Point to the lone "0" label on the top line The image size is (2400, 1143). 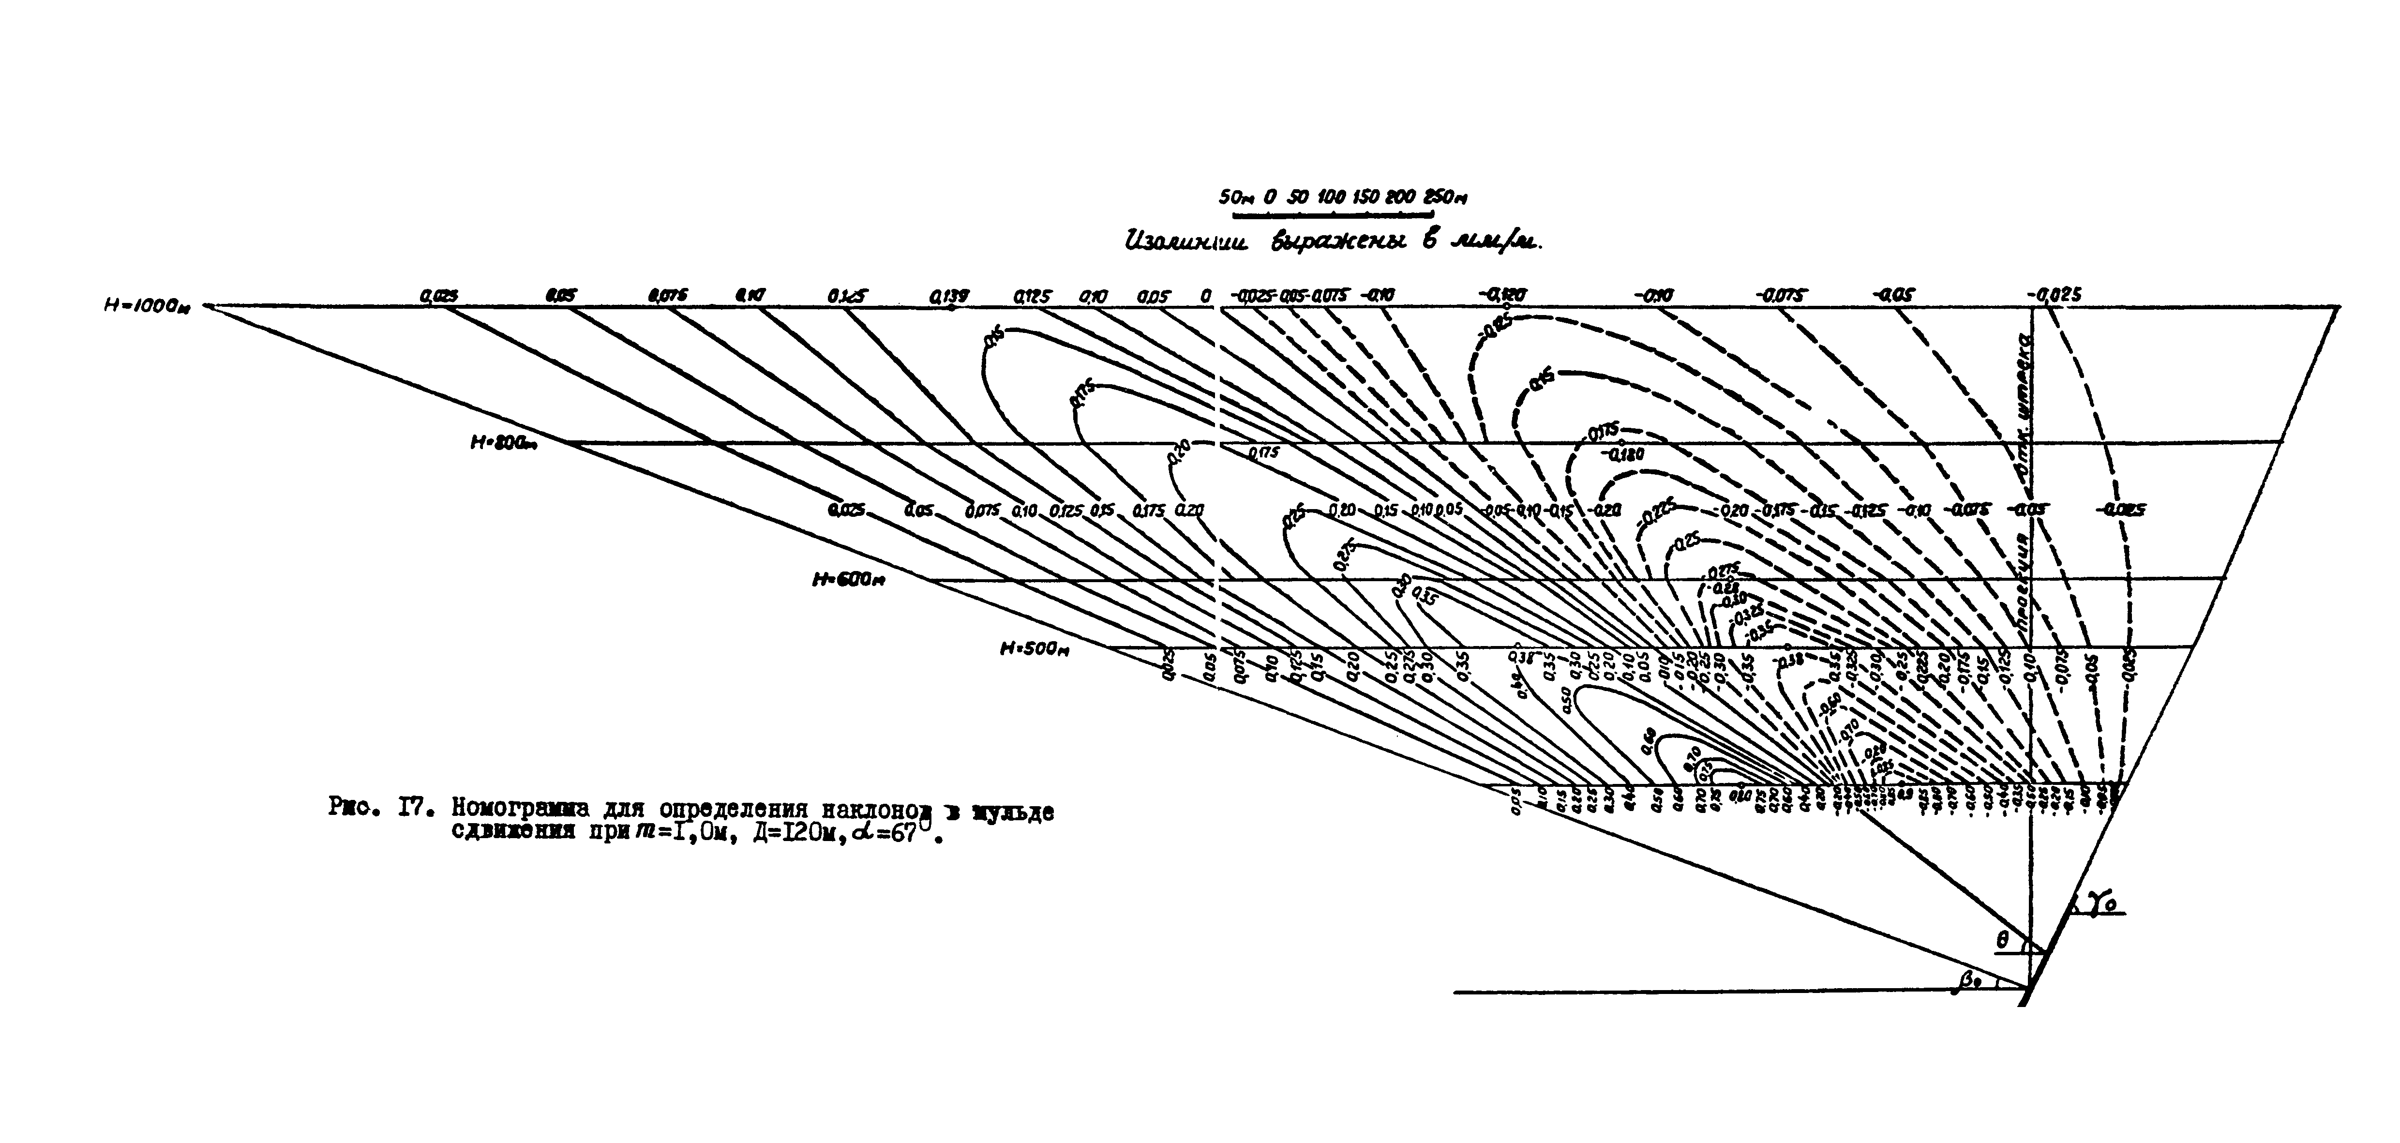(1206, 296)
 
